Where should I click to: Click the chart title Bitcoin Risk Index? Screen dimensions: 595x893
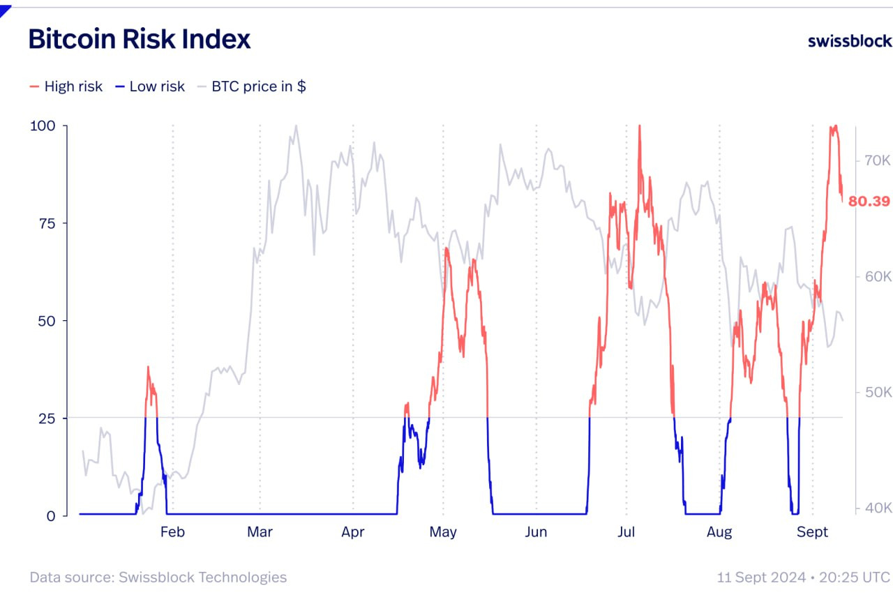point(139,39)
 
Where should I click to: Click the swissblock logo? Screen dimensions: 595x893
point(849,40)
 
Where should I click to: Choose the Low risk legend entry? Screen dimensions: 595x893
point(150,86)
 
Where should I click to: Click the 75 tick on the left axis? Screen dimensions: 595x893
point(42,223)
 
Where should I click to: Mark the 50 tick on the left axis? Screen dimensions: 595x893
point(42,321)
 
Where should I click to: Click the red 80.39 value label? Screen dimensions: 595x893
point(869,202)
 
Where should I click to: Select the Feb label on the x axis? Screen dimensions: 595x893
point(172,532)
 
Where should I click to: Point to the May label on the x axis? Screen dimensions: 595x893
point(443,532)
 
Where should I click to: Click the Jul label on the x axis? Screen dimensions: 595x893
point(626,532)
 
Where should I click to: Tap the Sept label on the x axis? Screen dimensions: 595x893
point(812,532)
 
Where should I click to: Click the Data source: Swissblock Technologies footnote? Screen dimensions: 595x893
point(158,578)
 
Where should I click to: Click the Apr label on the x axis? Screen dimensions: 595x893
point(353,532)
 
